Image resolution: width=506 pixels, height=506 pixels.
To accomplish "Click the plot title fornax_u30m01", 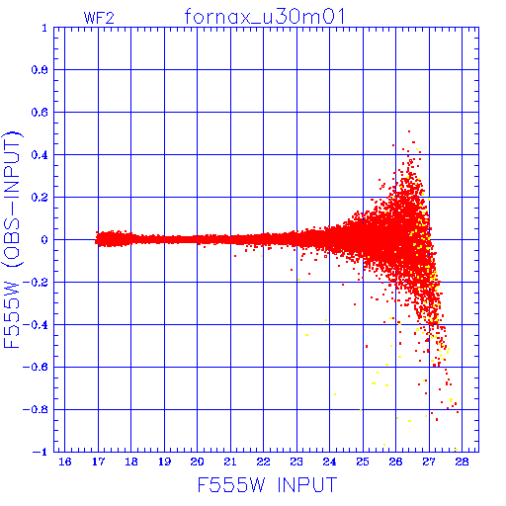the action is (264, 17).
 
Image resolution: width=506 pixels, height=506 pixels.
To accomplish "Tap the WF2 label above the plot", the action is (99, 18).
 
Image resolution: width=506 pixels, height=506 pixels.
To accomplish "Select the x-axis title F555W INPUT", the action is (267, 484).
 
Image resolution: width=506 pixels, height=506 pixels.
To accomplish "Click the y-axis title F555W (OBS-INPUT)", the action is (12, 239).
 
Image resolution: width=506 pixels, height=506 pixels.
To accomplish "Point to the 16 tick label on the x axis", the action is (65, 462).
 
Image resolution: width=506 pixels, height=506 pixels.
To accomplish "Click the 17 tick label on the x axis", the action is (98, 462).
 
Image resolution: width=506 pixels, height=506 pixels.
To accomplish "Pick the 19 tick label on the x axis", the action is (164, 462).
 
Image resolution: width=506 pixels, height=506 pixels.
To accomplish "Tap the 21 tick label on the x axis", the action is (230, 462).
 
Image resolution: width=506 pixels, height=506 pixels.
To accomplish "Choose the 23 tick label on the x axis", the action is (296, 462).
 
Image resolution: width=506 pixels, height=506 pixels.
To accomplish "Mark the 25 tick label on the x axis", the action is (363, 462).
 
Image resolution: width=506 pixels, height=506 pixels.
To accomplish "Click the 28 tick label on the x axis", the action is (462, 462).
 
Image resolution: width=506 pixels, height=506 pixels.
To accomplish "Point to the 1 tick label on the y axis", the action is (44, 28).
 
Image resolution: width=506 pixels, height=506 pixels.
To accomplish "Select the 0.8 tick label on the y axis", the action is (40, 70).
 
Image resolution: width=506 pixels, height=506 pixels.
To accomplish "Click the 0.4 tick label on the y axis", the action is (40, 155).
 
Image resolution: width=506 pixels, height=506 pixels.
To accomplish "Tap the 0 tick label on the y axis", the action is (44, 239).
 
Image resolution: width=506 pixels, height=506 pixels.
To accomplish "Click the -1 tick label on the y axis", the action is (41, 452).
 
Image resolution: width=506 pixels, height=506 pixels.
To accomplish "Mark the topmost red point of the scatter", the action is (409, 131).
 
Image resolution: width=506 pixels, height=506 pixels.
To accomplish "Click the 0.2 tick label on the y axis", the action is (40, 198).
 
